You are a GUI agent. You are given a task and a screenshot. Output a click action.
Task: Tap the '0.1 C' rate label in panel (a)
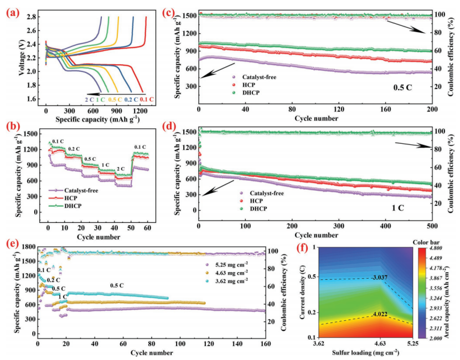[147, 100]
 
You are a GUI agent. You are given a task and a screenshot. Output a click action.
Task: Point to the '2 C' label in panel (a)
[89, 100]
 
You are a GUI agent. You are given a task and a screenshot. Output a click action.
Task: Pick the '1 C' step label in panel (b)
[105, 165]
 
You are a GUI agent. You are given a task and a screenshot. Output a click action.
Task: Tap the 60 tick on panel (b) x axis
[148, 228]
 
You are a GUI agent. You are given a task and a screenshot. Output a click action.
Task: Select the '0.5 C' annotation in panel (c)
[402, 87]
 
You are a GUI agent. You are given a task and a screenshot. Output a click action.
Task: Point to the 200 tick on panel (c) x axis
[432, 109]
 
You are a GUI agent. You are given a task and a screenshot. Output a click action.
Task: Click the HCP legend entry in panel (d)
[251, 201]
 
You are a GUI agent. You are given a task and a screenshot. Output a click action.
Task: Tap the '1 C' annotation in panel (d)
[398, 208]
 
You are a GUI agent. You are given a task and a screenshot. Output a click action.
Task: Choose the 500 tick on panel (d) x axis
[432, 226]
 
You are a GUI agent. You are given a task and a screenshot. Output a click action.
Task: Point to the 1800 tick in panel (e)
[29, 247]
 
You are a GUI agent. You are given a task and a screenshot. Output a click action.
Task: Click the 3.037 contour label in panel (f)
[379, 278]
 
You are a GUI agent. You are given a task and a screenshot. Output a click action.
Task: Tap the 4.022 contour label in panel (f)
[380, 314]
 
